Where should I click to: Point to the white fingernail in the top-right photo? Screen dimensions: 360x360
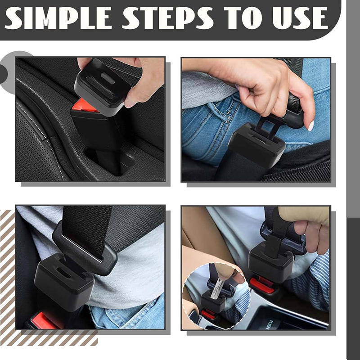tap(311, 126)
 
